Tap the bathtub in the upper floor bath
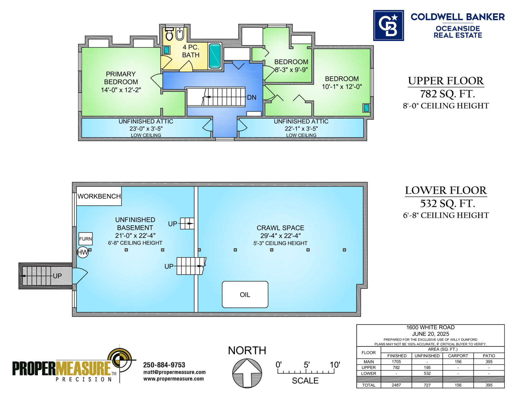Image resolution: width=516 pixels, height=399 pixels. coord(215,56)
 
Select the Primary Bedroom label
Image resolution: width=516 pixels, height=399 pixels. coord(121,78)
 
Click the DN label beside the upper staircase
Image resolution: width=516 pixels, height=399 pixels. coord(252,97)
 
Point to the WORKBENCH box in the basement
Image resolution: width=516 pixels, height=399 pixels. coord(99,196)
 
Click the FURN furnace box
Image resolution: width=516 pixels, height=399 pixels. coord(85,239)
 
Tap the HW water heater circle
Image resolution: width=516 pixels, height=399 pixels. coord(83,252)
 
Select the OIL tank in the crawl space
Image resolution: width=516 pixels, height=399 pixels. coord(245,294)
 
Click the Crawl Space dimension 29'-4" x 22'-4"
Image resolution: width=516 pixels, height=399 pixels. coord(281,236)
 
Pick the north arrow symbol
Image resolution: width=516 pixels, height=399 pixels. coord(247,373)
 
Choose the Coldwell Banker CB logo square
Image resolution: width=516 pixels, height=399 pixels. coord(389,26)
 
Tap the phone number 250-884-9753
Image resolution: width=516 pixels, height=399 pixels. coord(164,365)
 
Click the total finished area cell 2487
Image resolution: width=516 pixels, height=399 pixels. coord(396,385)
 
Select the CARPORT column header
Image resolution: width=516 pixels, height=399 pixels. coord(458,356)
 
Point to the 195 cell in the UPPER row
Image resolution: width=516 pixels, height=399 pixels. coord(427,367)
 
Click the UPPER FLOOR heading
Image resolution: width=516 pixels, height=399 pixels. coord(446,81)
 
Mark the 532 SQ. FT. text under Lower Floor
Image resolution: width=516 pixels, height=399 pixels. coord(447,203)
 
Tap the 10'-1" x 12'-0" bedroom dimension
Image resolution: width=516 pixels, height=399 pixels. coord(342,87)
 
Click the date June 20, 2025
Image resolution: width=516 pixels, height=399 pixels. coord(431,334)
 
